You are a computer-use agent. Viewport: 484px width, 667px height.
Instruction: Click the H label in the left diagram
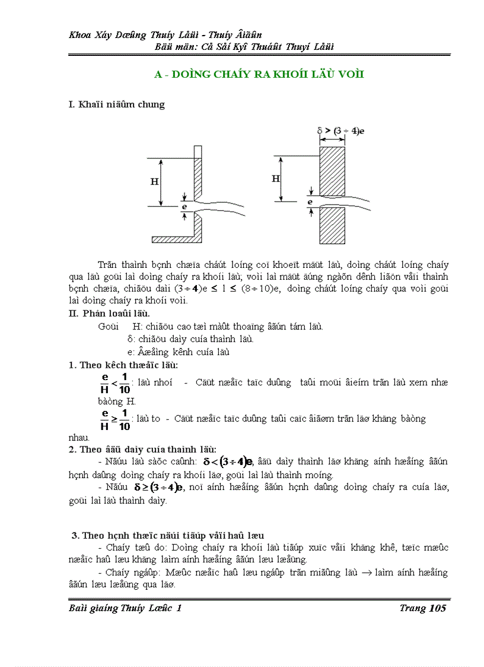pyautogui.click(x=154, y=182)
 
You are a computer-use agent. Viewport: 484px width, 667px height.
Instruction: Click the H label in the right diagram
pyautogui.click(x=276, y=178)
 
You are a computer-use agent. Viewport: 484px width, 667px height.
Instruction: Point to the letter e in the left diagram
pyautogui.click(x=184, y=207)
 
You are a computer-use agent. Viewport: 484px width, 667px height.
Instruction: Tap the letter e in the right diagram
pyautogui.click(x=310, y=202)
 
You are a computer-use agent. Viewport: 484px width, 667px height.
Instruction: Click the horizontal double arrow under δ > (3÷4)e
pyautogui.click(x=332, y=141)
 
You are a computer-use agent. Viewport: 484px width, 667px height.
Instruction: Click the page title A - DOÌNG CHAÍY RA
pyautogui.click(x=259, y=74)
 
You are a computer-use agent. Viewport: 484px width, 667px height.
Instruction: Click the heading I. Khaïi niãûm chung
pyautogui.click(x=117, y=105)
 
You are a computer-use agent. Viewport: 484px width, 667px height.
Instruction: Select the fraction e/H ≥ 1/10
pyautogui.click(x=115, y=419)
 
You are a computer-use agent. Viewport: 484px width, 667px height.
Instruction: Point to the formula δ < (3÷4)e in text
pyautogui.click(x=228, y=461)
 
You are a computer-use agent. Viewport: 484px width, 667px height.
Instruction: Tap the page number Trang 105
pyautogui.click(x=422, y=608)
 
